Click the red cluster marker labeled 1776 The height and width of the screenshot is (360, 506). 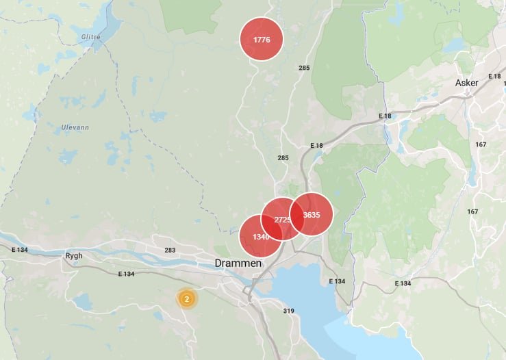(x=262, y=39)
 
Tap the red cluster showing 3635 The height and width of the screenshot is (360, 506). (x=312, y=214)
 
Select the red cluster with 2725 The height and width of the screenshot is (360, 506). (x=282, y=219)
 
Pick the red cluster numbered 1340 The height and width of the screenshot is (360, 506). (x=261, y=236)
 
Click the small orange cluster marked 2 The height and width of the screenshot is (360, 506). (x=186, y=299)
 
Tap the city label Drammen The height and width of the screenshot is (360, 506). (x=238, y=263)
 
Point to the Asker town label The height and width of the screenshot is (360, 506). (x=467, y=83)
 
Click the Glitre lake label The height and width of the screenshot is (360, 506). (x=90, y=38)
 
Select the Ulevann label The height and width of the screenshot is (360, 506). (x=75, y=127)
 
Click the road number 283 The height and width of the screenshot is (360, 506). (x=170, y=250)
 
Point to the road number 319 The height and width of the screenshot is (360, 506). (x=288, y=311)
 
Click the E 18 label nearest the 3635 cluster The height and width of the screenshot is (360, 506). (x=316, y=146)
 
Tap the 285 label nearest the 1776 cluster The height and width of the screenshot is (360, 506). (x=304, y=68)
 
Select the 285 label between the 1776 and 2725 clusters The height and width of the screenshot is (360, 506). (x=283, y=158)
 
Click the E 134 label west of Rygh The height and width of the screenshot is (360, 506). (x=20, y=250)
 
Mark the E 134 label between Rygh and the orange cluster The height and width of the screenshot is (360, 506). (x=126, y=274)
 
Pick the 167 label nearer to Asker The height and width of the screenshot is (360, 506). (x=481, y=144)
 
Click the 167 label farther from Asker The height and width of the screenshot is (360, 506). (x=472, y=211)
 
